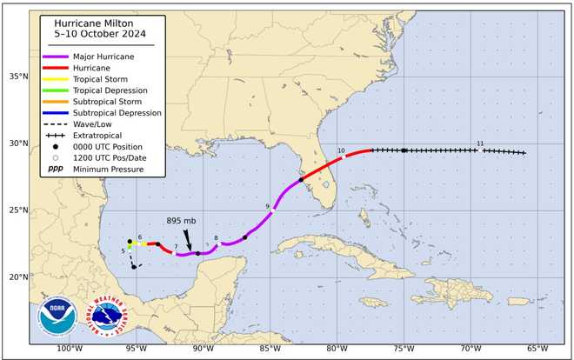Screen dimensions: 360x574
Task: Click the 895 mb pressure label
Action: point(182,221)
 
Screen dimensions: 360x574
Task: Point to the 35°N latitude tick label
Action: point(17,77)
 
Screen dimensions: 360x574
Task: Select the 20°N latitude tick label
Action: point(17,277)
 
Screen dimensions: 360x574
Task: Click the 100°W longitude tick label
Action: point(69,350)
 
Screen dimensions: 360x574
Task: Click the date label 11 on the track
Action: point(480,143)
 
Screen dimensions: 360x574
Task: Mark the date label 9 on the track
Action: point(267,206)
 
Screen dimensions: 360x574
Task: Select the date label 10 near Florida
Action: point(341,151)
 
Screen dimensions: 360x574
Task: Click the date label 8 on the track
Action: point(216,238)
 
